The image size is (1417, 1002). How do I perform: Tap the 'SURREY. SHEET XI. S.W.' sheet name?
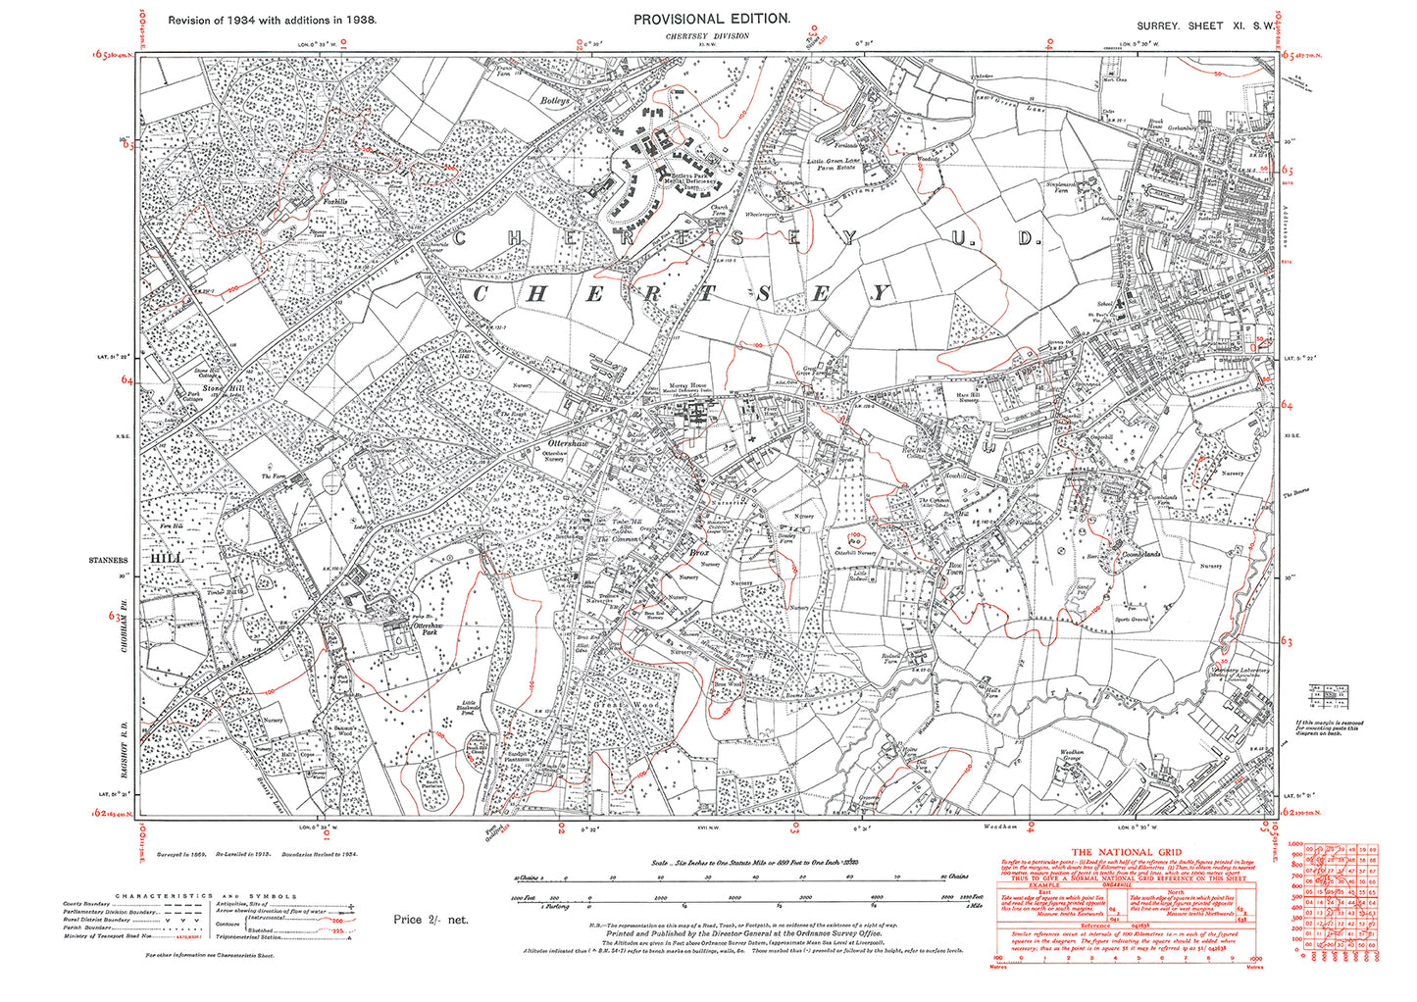pyautogui.click(x=1206, y=25)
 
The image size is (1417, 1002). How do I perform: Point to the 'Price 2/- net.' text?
pyautogui.click(x=430, y=920)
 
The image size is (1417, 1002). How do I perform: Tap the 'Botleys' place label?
pyautogui.click(x=555, y=100)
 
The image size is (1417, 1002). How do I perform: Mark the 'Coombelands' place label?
pyautogui.click(x=1140, y=554)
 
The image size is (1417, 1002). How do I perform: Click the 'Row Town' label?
pyautogui.click(x=956, y=569)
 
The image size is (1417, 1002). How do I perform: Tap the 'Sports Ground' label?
pyautogui.click(x=1134, y=620)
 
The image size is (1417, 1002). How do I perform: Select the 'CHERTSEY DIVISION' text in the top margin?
pyautogui.click(x=706, y=36)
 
